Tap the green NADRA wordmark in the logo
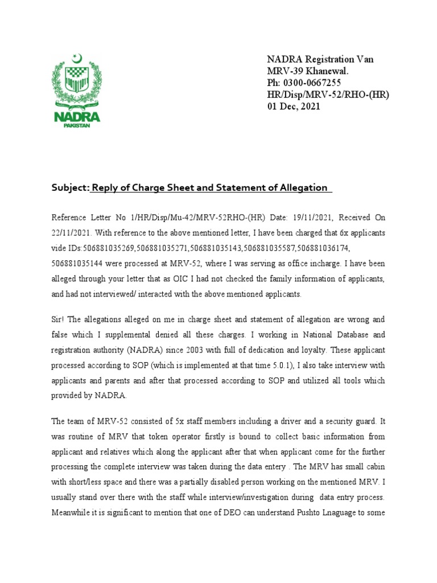click(x=77, y=117)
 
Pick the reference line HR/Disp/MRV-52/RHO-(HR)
click(x=328, y=95)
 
